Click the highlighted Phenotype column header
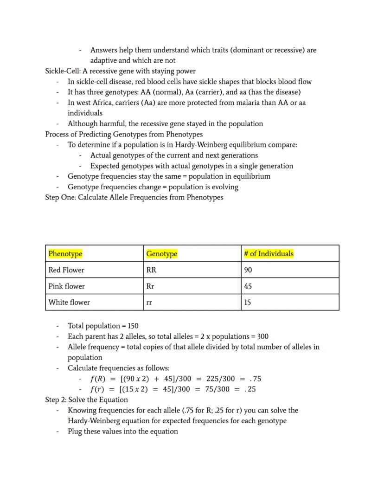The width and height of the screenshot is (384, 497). (x=65, y=254)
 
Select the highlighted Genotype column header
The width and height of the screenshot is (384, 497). (x=161, y=254)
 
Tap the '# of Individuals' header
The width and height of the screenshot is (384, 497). (x=269, y=254)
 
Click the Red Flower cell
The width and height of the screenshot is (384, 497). (x=66, y=270)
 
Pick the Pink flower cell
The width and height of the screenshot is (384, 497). (x=66, y=286)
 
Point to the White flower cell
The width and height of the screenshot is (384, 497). (x=69, y=303)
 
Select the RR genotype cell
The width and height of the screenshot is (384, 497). (x=151, y=270)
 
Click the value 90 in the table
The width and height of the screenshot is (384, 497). (x=248, y=270)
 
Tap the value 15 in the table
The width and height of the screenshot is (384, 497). (x=248, y=303)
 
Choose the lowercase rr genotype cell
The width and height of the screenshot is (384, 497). (x=149, y=303)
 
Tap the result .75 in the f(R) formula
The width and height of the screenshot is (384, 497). (x=256, y=379)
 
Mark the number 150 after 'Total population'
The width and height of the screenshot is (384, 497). (x=132, y=326)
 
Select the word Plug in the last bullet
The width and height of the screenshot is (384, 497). (x=75, y=432)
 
